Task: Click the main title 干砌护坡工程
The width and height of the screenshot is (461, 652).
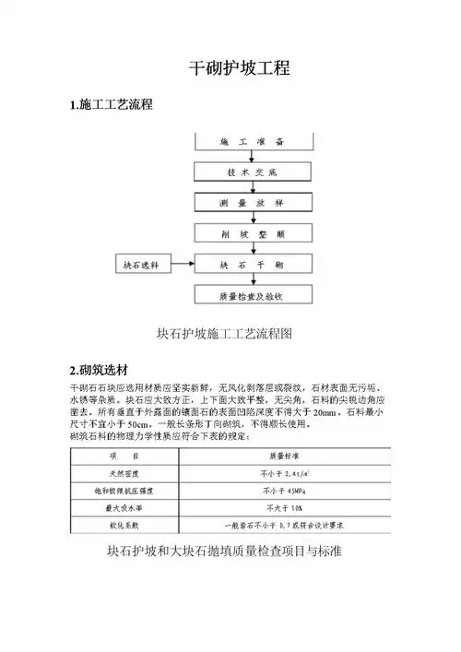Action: click(x=240, y=69)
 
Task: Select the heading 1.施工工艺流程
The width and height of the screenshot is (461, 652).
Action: click(x=112, y=106)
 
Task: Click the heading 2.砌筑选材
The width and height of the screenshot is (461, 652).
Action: click(x=104, y=359)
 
